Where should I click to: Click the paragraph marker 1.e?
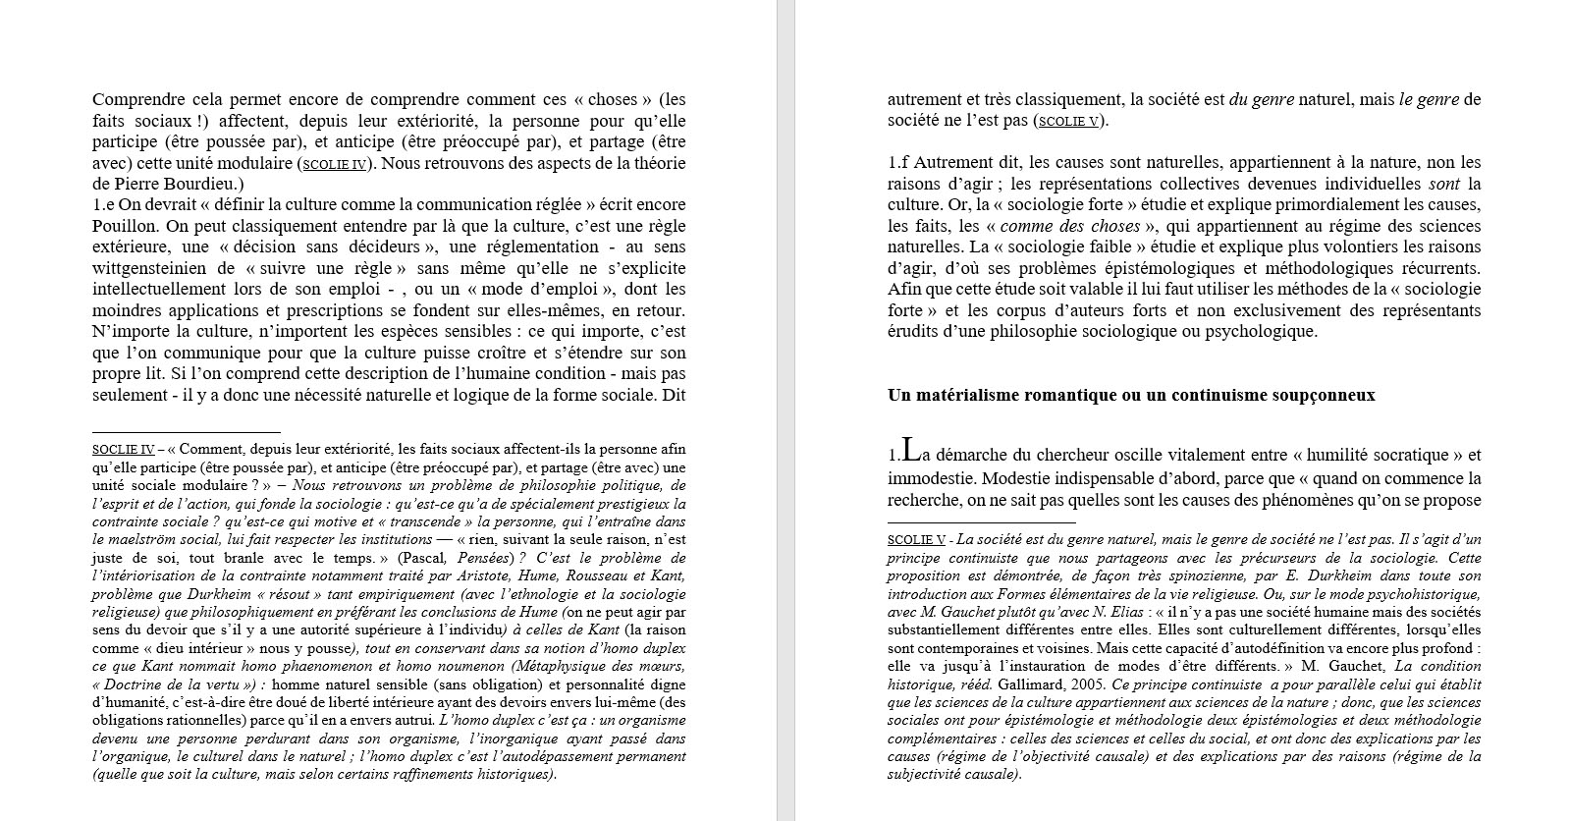[104, 204]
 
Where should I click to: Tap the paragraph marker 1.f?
[898, 162]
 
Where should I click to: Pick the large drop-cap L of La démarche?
[911, 451]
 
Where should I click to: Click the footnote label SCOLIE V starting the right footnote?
[916, 540]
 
